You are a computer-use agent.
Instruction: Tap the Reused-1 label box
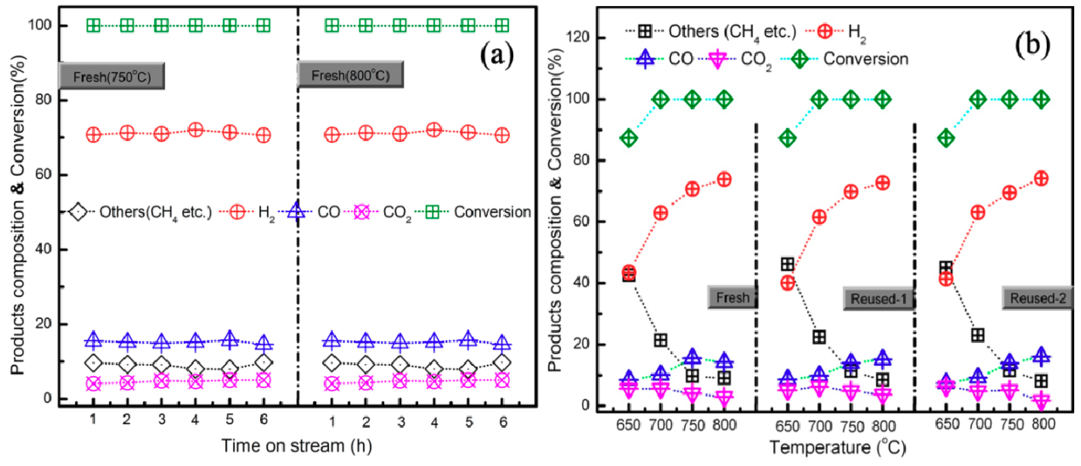[878, 298]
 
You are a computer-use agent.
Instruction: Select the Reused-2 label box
[1038, 298]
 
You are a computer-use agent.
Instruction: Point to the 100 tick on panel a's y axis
[39, 25]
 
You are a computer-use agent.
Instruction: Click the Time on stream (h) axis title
[296, 446]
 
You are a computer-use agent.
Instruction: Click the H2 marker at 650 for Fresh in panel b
[628, 272]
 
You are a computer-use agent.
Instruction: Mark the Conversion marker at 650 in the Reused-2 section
[946, 138]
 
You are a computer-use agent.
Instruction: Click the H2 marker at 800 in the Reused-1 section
[883, 183]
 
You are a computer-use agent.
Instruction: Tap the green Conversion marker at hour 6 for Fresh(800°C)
[502, 25]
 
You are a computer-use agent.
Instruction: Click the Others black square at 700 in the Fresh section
[660, 340]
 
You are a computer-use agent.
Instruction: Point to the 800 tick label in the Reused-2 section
[1043, 424]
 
